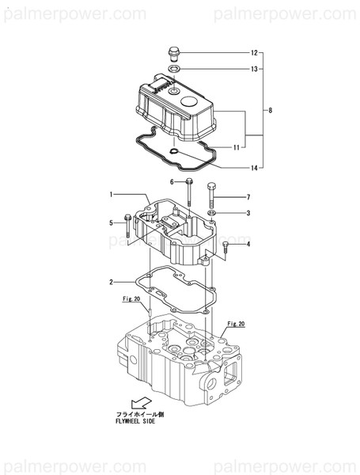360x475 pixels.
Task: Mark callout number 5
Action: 112,223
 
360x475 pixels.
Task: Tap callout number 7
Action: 248,196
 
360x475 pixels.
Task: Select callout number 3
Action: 248,213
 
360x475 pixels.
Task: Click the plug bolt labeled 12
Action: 174,55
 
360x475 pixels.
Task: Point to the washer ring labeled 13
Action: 174,70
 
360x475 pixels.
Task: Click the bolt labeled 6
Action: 189,192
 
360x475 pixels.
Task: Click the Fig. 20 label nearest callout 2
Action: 131,299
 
